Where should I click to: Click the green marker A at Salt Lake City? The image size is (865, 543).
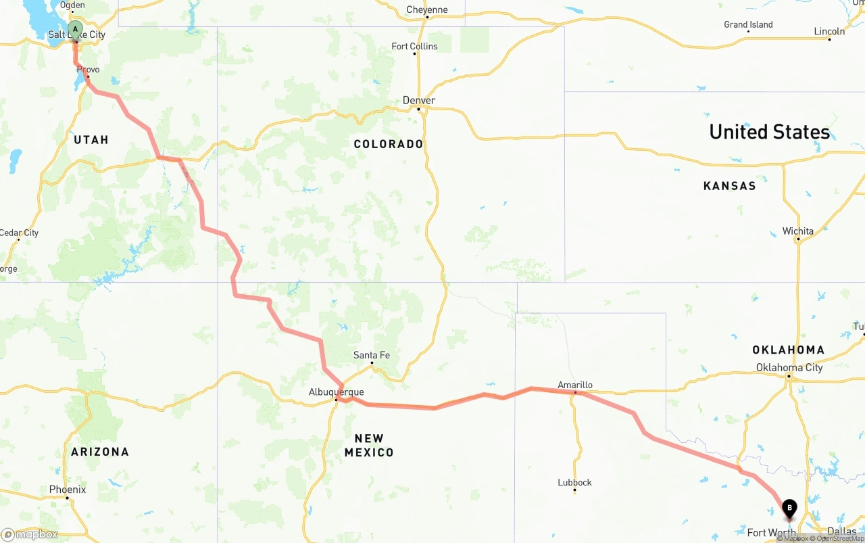(76, 30)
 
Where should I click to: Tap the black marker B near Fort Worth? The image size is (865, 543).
(789, 508)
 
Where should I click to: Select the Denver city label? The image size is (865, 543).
(419, 101)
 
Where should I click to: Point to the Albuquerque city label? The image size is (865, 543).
(336, 392)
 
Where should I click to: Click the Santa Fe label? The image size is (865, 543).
(372, 356)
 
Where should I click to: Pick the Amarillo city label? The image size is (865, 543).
(575, 385)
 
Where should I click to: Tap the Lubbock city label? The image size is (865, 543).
(574, 483)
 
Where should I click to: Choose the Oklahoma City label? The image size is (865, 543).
(789, 368)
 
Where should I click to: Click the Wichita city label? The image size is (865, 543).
(798, 231)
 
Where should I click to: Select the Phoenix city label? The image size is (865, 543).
(68, 490)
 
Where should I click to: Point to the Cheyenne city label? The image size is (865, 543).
(427, 10)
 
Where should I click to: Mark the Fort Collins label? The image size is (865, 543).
(415, 47)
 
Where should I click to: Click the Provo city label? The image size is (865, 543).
(88, 70)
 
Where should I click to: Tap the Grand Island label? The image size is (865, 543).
(748, 25)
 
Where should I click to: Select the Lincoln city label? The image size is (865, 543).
(829, 32)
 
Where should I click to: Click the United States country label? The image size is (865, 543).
(769, 132)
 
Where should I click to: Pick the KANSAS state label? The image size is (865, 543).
(729, 186)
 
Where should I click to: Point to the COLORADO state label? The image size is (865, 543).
(389, 144)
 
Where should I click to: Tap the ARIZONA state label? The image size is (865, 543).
(100, 452)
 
